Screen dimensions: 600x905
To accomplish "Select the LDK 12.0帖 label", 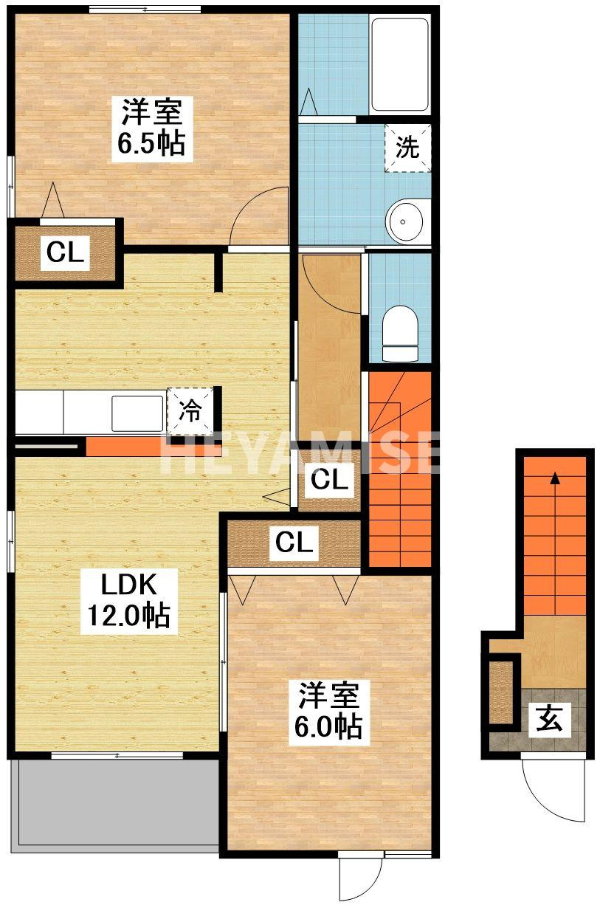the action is [129, 601].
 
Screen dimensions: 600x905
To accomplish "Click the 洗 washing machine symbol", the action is [407, 148].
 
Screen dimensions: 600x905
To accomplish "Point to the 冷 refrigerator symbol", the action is [190, 411].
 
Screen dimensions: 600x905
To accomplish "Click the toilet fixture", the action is [400, 334].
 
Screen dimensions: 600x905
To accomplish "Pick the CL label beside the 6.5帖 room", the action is [65, 252].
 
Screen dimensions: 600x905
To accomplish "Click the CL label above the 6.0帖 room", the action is [294, 543].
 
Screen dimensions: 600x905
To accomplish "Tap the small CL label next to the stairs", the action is [329, 480].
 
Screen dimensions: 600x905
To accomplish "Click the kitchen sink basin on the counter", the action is [137, 413].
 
